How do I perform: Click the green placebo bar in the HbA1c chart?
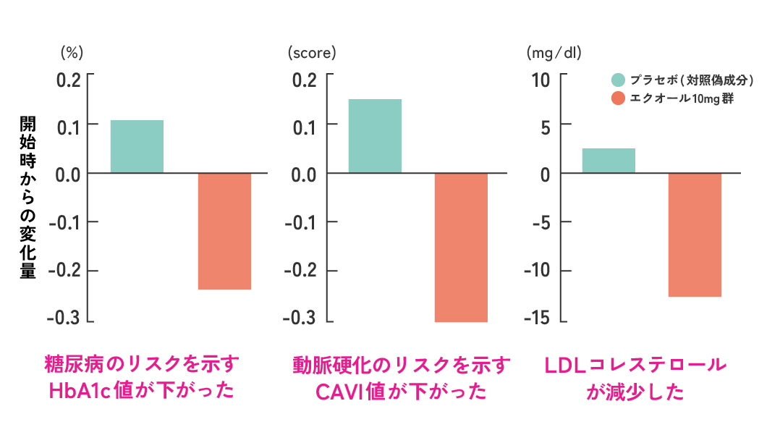137,146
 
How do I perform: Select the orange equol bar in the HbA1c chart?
224,231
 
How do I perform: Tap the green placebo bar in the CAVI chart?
375,136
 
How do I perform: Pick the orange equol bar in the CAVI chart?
461,247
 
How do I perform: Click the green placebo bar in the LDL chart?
609,161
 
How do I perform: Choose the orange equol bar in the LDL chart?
695,235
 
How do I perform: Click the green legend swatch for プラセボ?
618,80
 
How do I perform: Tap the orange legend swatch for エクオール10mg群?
618,98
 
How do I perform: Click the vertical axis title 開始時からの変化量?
27,197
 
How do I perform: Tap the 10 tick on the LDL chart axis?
541,78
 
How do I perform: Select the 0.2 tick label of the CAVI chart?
305,78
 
